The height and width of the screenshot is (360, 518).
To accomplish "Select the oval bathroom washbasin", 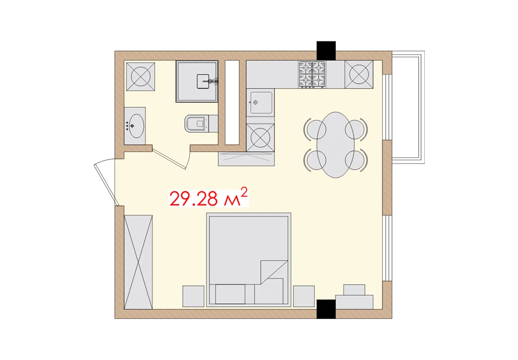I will [136, 125].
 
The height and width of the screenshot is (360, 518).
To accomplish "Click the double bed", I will [249, 259].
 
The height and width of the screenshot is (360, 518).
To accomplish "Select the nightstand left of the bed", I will [193, 296].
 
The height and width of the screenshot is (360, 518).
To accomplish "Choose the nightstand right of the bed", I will [304, 296].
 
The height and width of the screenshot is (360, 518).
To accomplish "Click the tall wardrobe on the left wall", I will [138, 262].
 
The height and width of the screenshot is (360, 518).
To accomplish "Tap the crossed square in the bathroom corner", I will [140, 76].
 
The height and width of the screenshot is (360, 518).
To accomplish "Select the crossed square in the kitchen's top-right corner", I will [359, 75].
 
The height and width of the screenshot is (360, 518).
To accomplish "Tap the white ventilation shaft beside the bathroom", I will [232, 102].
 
